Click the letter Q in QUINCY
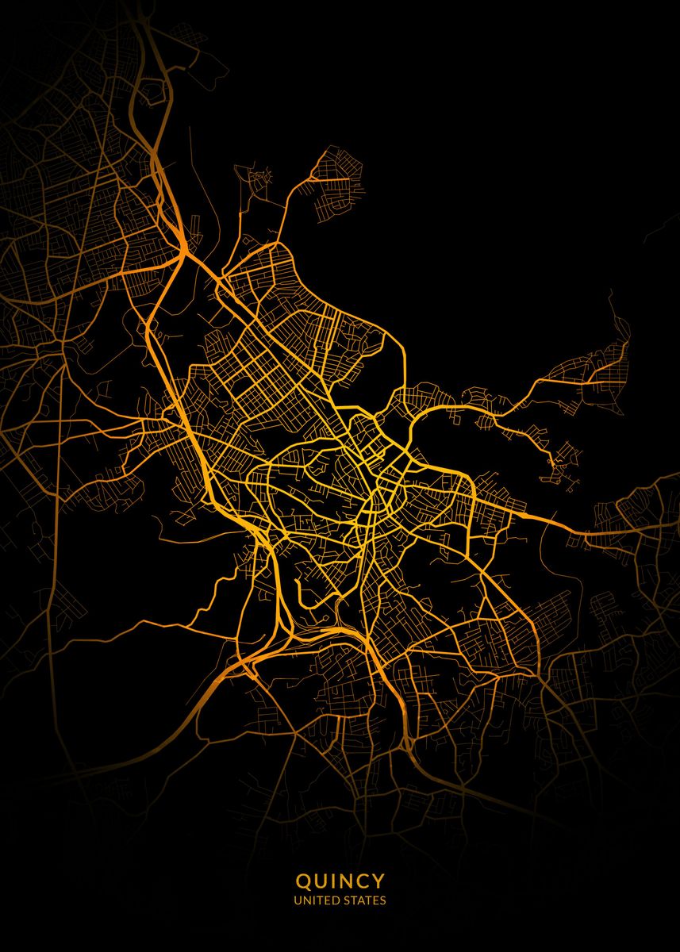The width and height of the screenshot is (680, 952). click(303, 881)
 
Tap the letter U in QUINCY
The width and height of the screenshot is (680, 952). click(321, 881)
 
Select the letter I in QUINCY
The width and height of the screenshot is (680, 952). click(333, 881)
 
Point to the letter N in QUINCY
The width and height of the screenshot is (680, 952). click(346, 881)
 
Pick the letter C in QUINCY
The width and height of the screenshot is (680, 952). click(363, 881)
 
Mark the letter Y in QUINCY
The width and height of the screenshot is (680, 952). click(378, 881)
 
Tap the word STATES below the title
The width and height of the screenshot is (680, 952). click(364, 900)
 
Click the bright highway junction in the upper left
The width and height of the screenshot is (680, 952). click(183, 254)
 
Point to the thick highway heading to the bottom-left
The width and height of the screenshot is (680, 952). click(182, 714)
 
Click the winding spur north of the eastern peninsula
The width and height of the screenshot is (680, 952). click(619, 317)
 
